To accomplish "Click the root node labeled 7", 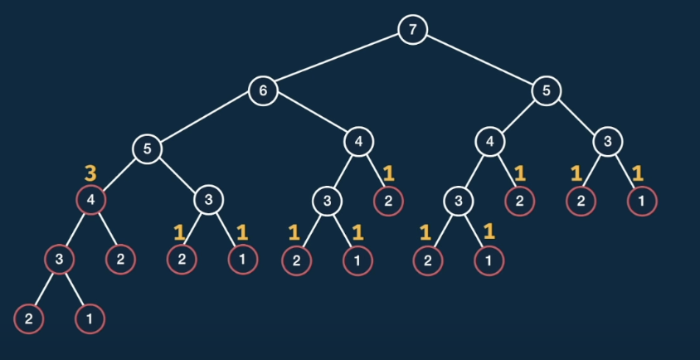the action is (412, 31).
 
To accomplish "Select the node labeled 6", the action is (263, 90).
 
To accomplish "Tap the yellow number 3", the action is (91, 174).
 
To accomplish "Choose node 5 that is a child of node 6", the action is (146, 149).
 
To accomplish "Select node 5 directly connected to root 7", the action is (547, 90).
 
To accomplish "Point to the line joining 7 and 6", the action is (338, 61).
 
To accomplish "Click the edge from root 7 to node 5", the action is (479, 61).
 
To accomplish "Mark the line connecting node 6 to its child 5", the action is (204, 120).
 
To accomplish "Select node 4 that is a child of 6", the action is (359, 142).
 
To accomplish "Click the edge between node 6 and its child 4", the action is (311, 116).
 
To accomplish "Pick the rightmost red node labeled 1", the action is (642, 201).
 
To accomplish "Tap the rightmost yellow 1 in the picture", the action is (638, 174).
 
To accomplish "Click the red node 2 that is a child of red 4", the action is (120, 260).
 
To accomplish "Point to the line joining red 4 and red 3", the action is (75, 230).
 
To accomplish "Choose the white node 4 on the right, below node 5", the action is (490, 142).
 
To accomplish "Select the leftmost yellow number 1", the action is (178, 232).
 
